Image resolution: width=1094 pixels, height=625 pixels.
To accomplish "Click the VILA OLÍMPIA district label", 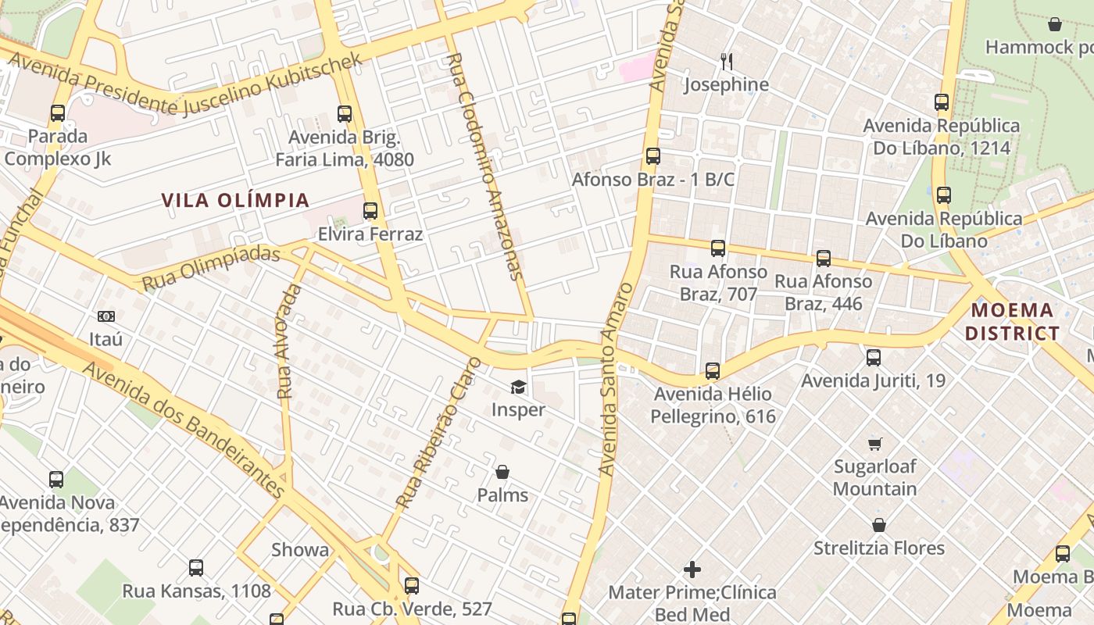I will (235, 200).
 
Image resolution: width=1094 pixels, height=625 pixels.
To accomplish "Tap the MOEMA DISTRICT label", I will (1012, 322).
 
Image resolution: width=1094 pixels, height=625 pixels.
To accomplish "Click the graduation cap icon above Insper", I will (518, 387).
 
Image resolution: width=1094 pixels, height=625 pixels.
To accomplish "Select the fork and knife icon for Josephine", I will (726, 61).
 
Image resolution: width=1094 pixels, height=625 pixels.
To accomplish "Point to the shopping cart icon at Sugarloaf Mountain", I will (875, 444).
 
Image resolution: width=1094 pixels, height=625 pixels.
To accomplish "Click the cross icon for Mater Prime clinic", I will (692, 570).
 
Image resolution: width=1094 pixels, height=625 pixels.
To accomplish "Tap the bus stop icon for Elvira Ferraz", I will (370, 211).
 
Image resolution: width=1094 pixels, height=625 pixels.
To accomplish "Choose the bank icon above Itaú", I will (106, 316).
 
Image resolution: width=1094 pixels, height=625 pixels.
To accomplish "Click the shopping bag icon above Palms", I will (502, 472).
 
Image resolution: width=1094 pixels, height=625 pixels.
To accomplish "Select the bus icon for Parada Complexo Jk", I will (58, 113).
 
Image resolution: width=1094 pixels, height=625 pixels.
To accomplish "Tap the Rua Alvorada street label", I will (289, 341).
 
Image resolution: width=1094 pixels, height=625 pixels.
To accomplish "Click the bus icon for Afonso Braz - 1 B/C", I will (653, 156).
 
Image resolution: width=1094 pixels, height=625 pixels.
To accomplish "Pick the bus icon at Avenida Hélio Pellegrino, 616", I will (713, 371).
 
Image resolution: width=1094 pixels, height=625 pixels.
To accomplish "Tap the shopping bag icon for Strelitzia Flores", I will (879, 525).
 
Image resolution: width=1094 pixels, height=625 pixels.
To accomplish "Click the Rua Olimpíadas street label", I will (210, 268).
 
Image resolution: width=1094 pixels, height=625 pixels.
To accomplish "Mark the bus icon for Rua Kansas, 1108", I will (196, 568).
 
